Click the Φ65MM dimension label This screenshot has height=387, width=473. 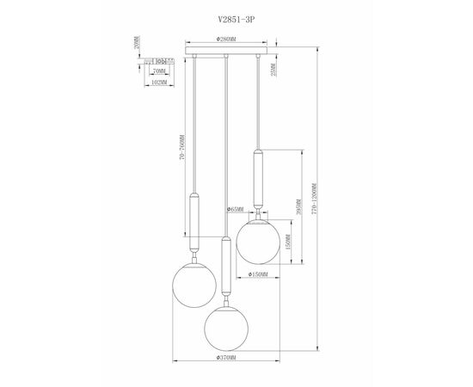point(236,208)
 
